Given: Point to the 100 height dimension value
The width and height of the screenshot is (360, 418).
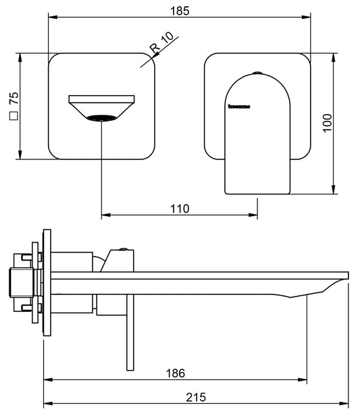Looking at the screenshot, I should (x=327, y=122).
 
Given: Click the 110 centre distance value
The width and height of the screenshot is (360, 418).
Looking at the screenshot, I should (x=179, y=209).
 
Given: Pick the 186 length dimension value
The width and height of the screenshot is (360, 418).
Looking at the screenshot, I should (x=175, y=373).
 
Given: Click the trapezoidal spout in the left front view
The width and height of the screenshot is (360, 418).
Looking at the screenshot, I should (x=101, y=107).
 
